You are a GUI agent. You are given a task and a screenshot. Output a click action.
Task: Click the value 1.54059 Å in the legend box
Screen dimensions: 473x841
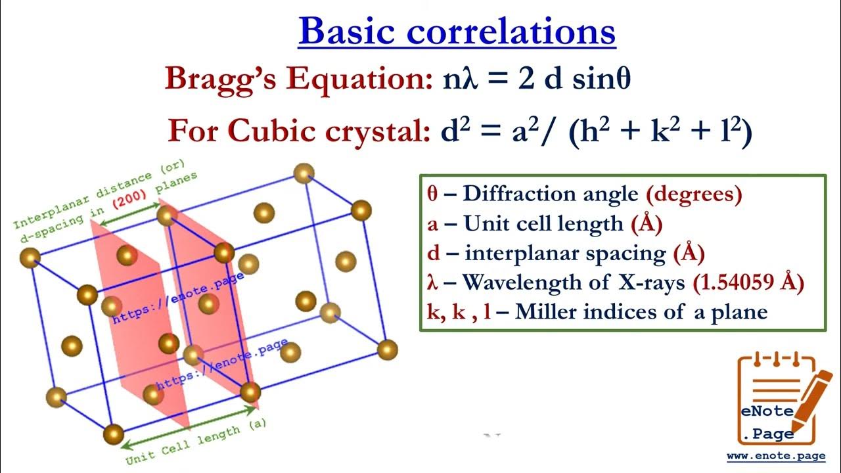tap(748, 282)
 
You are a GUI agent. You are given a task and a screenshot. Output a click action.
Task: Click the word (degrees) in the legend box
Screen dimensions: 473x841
tap(694, 194)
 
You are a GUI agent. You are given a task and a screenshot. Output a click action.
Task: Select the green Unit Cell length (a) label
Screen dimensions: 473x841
tap(196, 441)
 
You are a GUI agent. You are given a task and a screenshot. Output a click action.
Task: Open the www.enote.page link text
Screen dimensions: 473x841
tap(780, 455)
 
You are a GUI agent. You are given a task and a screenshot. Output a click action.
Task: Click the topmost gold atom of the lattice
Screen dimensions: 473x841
tap(304, 173)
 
